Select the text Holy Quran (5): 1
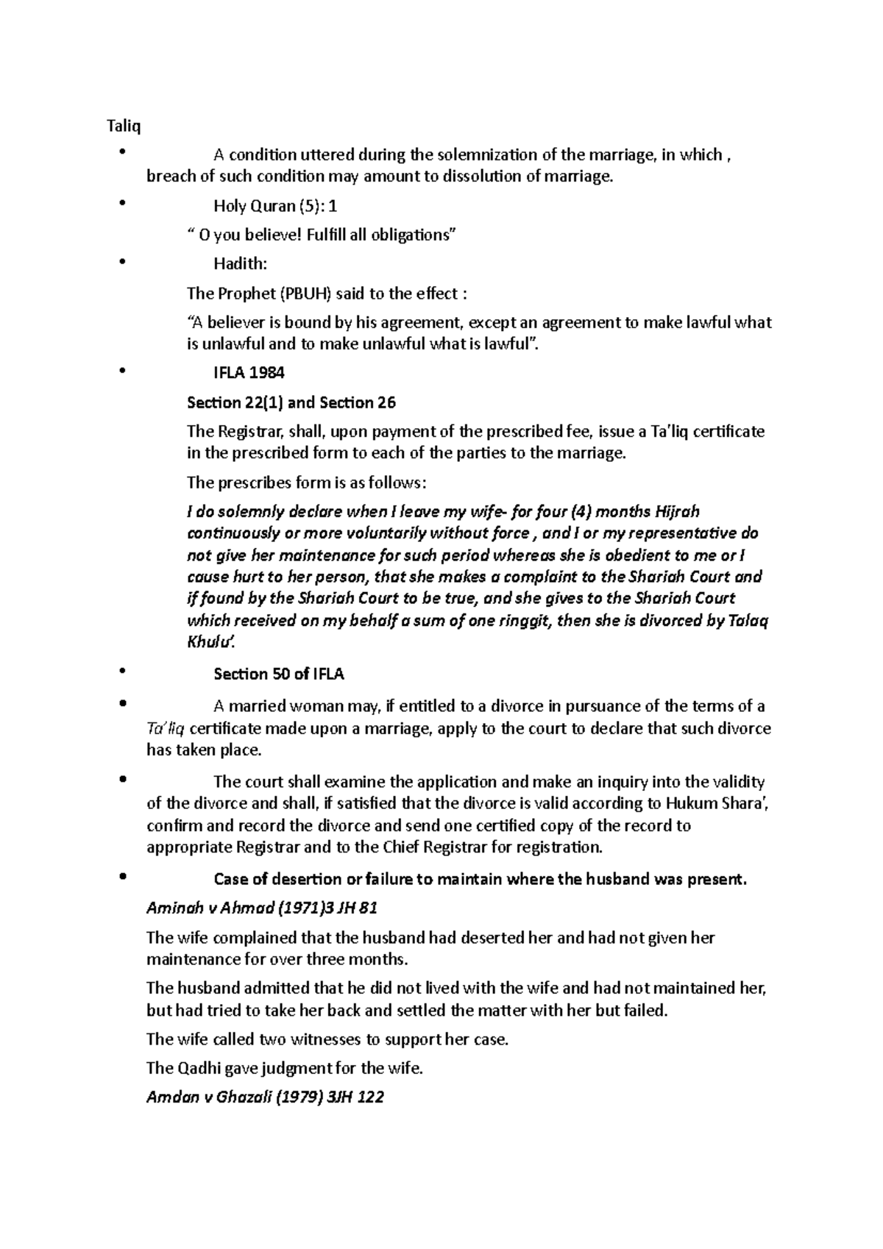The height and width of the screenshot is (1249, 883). tap(276, 207)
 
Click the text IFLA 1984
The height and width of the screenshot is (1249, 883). tap(249, 373)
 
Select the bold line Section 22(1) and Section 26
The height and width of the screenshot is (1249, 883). tap(291, 402)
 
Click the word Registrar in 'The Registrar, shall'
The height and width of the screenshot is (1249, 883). tap(249, 431)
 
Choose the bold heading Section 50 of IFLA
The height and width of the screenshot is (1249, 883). tap(279, 674)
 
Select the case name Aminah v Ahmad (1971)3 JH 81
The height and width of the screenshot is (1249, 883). tap(262, 908)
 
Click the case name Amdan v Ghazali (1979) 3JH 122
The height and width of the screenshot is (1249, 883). tap(266, 1097)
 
